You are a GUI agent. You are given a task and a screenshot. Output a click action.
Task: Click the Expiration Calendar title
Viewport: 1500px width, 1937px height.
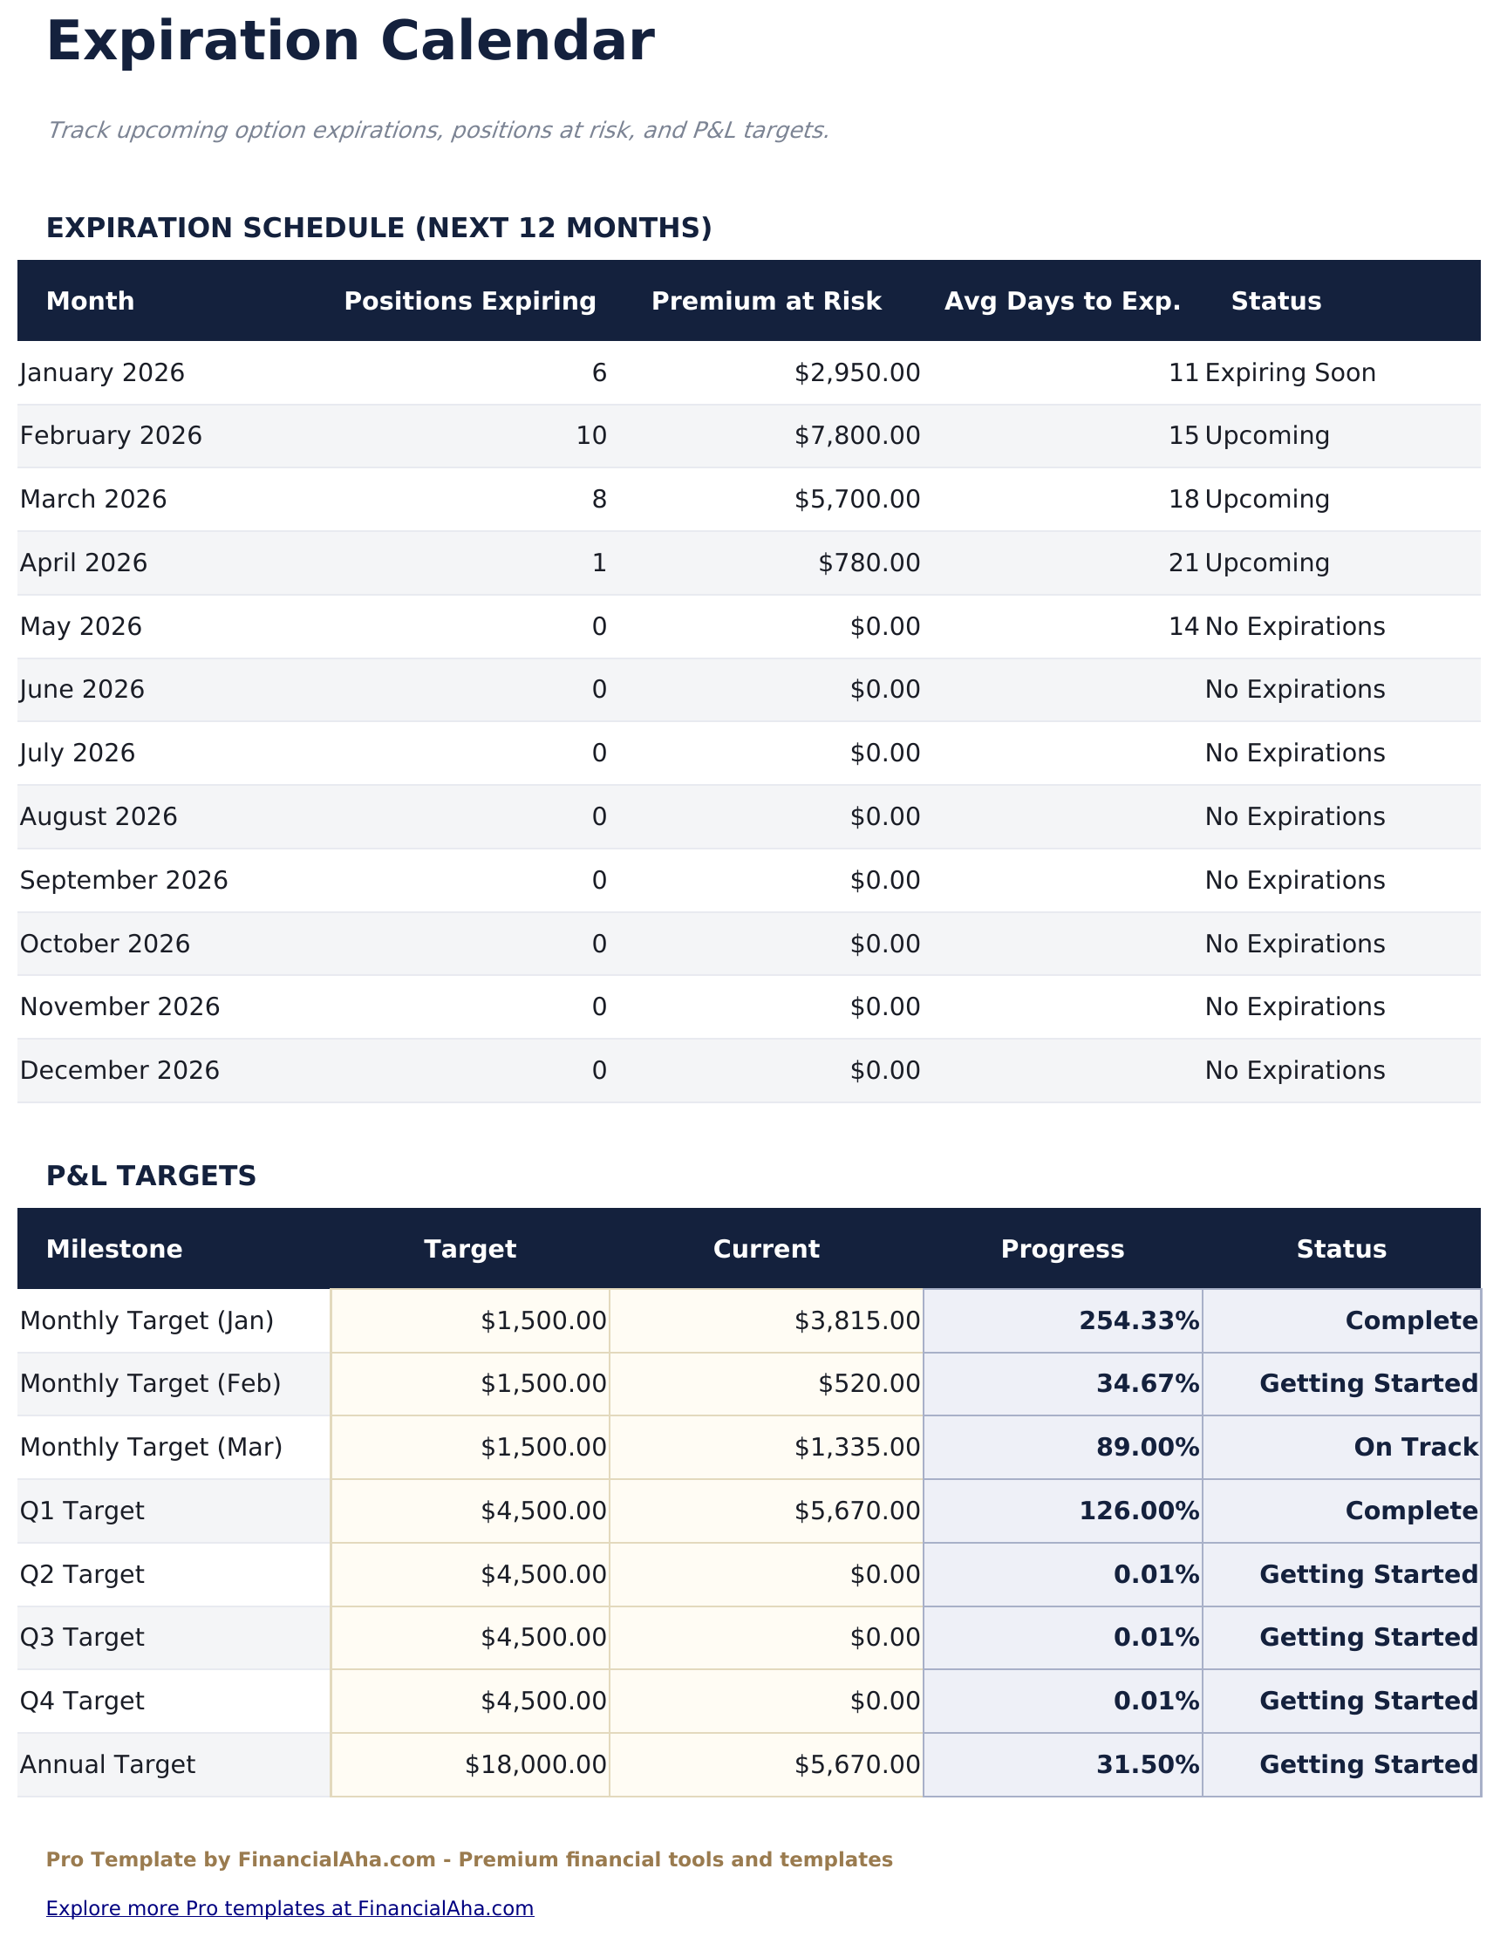click(x=350, y=42)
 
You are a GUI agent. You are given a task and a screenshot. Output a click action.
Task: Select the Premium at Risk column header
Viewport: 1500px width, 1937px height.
click(x=766, y=302)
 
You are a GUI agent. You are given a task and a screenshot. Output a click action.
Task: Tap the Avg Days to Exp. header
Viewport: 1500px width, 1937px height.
click(x=1062, y=302)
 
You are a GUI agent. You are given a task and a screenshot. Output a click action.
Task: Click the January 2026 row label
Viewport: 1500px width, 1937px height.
click(x=102, y=373)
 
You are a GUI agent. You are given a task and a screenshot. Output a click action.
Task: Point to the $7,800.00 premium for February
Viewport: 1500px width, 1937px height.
click(x=857, y=436)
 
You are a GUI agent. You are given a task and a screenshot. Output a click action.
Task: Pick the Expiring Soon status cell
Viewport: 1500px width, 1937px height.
click(x=1290, y=373)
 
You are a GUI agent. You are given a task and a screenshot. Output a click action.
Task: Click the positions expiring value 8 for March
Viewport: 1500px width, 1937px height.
click(x=599, y=501)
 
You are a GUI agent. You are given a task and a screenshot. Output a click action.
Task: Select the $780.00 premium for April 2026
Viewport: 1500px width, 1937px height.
click(x=869, y=563)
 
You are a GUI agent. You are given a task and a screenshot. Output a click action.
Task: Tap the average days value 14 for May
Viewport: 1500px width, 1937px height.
click(x=1183, y=627)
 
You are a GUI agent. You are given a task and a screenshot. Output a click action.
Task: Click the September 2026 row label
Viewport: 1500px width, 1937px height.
click(x=124, y=881)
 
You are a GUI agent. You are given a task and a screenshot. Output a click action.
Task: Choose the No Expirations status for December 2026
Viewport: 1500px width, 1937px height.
click(x=1294, y=1070)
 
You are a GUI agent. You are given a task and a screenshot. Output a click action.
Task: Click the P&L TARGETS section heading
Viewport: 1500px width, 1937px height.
click(x=151, y=1176)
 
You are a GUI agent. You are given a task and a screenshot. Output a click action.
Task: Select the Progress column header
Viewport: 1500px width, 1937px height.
click(x=1062, y=1250)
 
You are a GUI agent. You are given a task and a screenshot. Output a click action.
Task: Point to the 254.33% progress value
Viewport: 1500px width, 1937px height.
click(x=1139, y=1321)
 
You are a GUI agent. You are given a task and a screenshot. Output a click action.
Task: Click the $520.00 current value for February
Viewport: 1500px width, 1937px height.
click(x=869, y=1383)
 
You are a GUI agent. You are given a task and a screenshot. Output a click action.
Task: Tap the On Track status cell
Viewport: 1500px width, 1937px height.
click(x=1415, y=1448)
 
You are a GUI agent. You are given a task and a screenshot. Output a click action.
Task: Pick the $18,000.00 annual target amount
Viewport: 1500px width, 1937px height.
click(x=535, y=1765)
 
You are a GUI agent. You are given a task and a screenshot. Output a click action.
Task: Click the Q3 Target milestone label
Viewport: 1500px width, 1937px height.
click(x=82, y=1637)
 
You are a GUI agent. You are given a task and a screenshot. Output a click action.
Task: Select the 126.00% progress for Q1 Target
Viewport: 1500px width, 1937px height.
click(x=1139, y=1511)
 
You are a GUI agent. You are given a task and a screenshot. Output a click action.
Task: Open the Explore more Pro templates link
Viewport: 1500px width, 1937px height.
click(x=290, y=1907)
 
